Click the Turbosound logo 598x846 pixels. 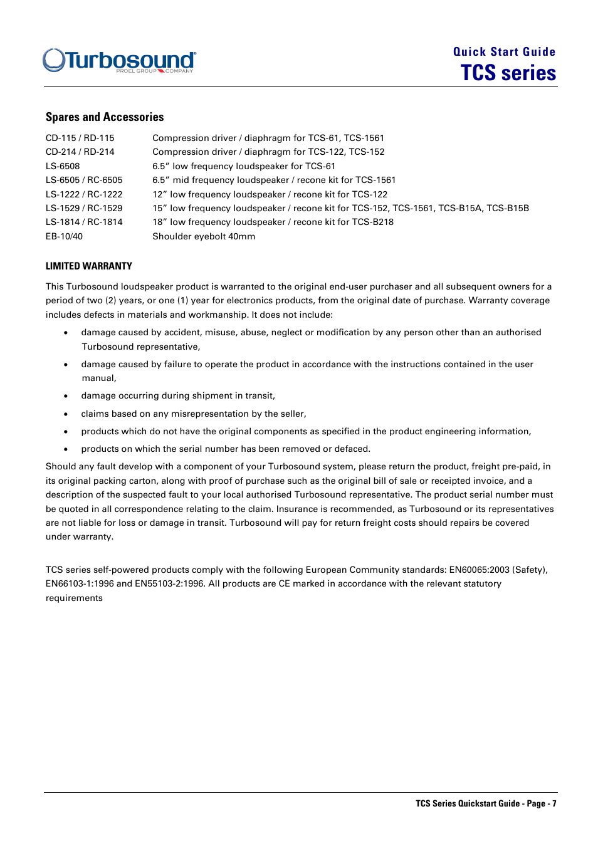click(119, 61)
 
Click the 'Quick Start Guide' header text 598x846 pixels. click(504, 52)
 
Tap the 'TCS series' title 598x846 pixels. click(508, 73)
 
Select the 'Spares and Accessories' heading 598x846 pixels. click(105, 117)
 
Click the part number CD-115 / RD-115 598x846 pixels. click(80, 138)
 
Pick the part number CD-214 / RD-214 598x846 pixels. click(80, 152)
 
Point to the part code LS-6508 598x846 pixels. click(63, 166)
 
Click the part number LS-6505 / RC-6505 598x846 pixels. click(84, 180)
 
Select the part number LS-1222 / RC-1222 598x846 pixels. click(84, 194)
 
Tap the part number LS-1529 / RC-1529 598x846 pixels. click(84, 208)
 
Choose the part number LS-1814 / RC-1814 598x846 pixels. click(84, 222)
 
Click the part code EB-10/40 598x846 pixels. click(64, 236)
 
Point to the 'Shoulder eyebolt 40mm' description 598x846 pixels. click(204, 236)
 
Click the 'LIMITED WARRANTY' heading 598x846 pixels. click(89, 266)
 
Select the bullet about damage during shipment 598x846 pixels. click(178, 395)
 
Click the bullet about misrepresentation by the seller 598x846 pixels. click(194, 414)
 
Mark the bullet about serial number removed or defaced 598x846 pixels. click(226, 449)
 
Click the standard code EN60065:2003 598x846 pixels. click(479, 570)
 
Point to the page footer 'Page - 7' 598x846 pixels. click(541, 803)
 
